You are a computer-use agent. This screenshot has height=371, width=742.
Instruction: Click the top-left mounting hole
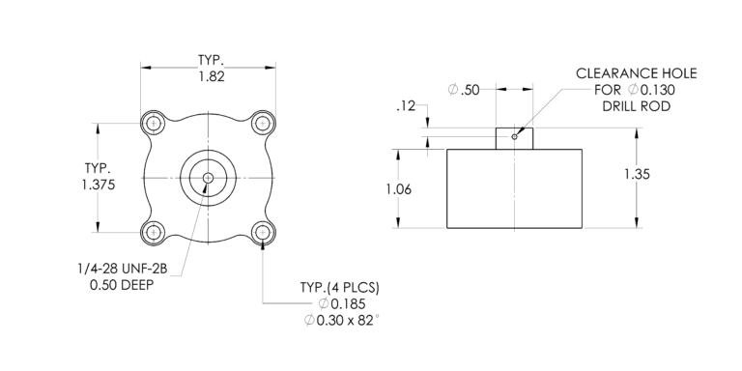click(x=153, y=123)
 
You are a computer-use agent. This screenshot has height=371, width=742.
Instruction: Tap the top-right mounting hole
click(x=262, y=123)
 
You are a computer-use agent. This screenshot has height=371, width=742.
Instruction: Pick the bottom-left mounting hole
click(x=153, y=232)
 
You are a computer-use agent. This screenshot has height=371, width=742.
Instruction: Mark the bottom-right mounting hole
click(x=262, y=232)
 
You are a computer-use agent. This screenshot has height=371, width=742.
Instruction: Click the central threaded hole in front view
click(x=208, y=177)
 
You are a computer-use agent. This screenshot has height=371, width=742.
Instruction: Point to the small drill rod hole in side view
click(x=515, y=136)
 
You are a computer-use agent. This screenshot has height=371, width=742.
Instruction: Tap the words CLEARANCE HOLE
click(x=636, y=73)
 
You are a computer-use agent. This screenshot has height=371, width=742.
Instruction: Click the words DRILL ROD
click(x=637, y=106)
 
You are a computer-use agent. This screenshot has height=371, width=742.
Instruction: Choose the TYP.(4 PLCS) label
click(x=340, y=288)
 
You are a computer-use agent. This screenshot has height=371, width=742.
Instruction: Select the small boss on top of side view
click(x=514, y=138)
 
